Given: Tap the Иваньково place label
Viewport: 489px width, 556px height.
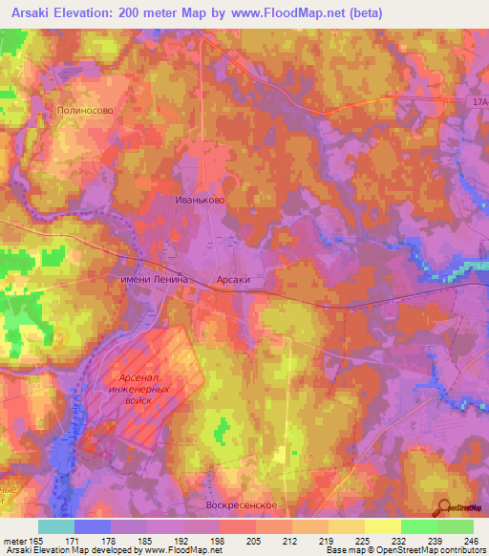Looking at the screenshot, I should coord(201,201).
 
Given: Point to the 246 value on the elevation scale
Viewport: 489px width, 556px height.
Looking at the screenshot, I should coord(468,541).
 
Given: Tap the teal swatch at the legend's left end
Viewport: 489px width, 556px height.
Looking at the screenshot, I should coord(56,526).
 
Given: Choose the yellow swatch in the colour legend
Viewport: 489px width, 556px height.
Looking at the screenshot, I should coord(382,526).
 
